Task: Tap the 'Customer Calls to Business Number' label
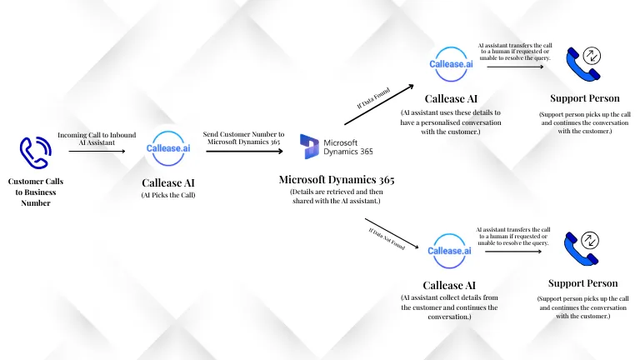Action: click(x=35, y=192)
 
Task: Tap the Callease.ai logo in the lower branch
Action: click(x=450, y=250)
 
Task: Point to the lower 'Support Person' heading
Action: click(x=582, y=283)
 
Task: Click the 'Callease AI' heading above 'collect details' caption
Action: click(x=450, y=284)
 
